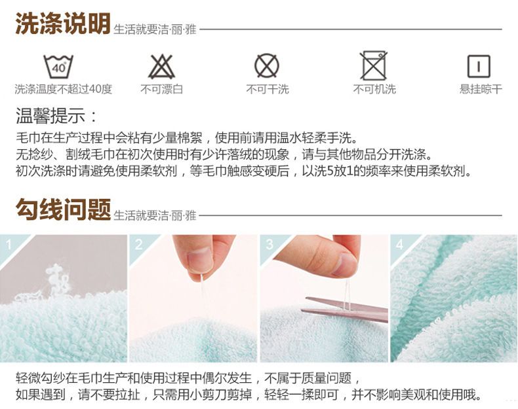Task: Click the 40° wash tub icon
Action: (58, 67)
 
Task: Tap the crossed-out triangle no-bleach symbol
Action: (161, 67)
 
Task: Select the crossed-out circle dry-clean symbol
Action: (267, 65)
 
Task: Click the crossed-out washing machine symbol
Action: (374, 65)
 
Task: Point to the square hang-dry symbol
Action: (479, 66)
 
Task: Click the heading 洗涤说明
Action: (63, 24)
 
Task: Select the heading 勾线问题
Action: (63, 209)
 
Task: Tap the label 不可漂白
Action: (161, 89)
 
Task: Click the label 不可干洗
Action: (268, 89)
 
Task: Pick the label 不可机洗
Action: (374, 89)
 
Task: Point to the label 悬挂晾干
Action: (481, 89)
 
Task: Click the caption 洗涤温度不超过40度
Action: (64, 89)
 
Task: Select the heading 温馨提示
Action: (56, 116)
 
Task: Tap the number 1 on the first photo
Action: (9, 245)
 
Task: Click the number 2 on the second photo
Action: (139, 245)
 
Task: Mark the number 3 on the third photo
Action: (269, 245)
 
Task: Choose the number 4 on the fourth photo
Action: (400, 245)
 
